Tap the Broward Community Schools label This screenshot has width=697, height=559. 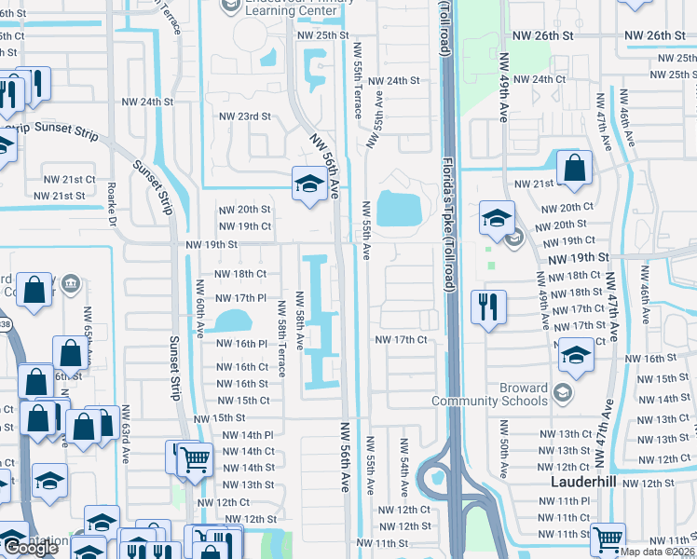(x=489, y=394)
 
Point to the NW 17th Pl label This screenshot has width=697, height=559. (x=241, y=298)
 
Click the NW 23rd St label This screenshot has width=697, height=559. (x=244, y=116)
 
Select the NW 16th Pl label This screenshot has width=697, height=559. (x=242, y=344)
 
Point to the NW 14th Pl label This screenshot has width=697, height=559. (x=248, y=435)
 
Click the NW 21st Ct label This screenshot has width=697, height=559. (x=70, y=179)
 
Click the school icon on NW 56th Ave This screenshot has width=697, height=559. (x=307, y=183)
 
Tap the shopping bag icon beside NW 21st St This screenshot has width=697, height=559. (x=575, y=169)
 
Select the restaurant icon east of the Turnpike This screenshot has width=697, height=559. (x=487, y=307)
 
